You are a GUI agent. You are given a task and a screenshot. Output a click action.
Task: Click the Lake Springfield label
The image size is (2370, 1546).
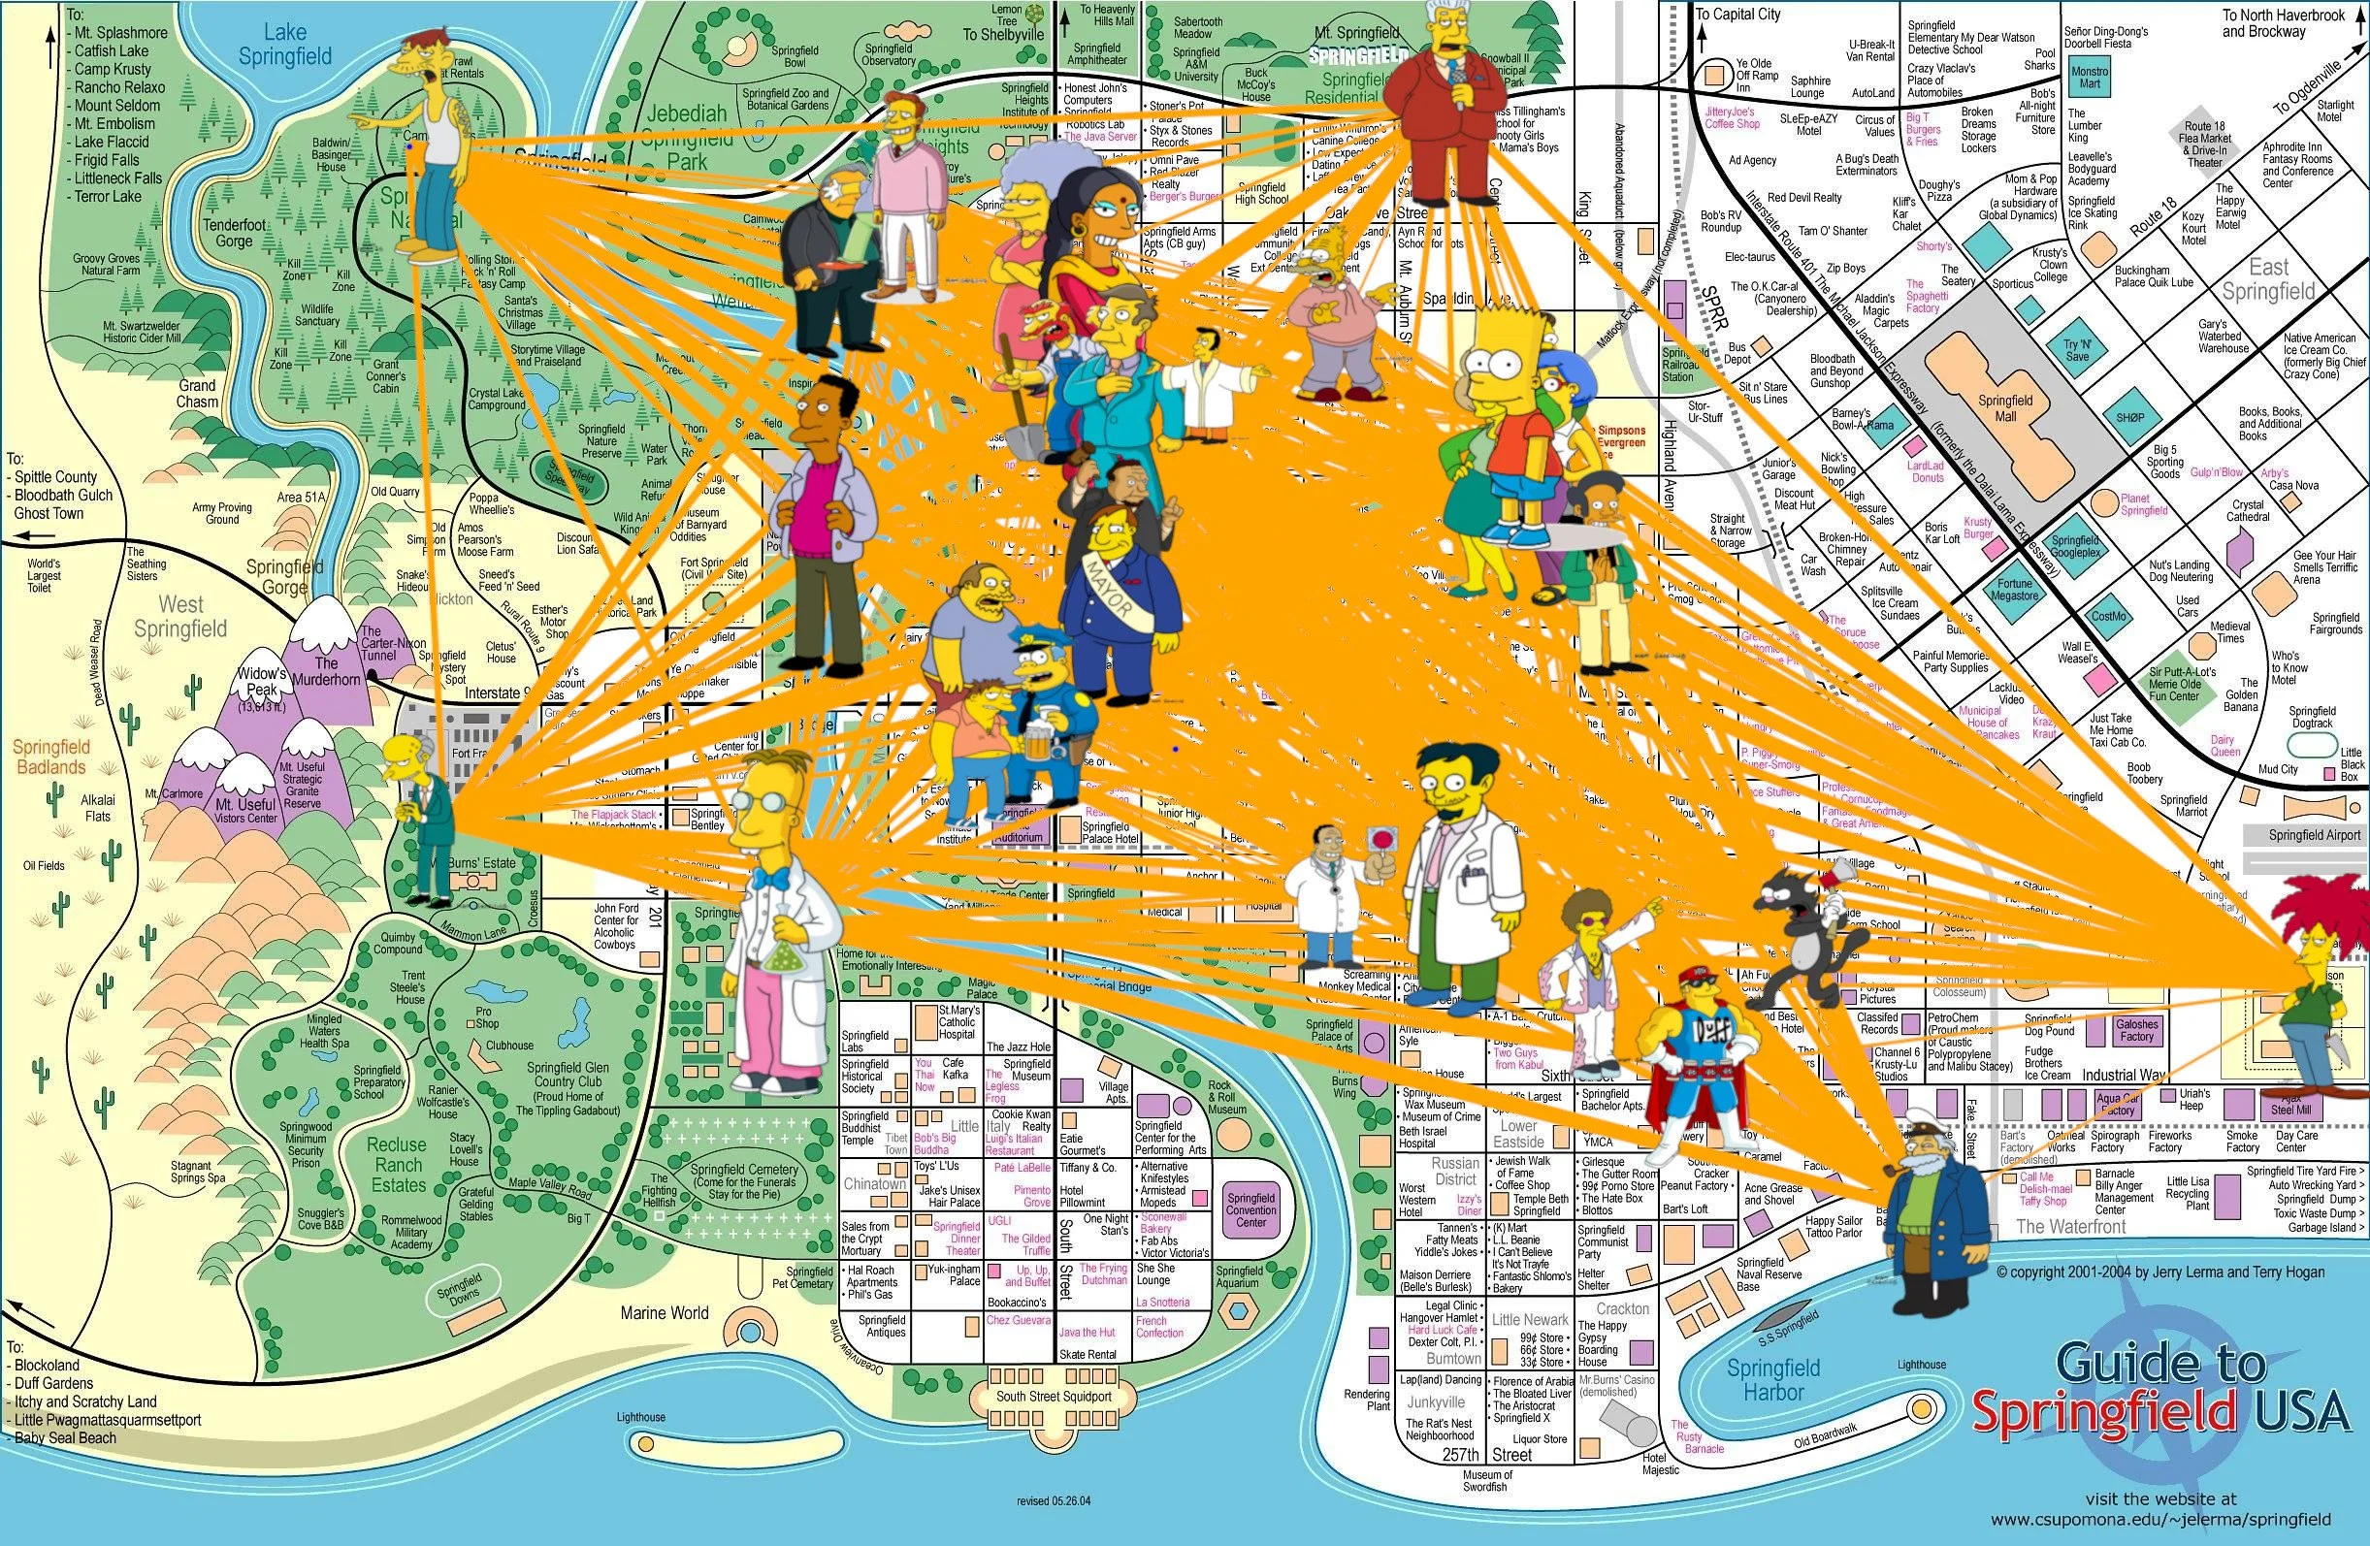point(285,46)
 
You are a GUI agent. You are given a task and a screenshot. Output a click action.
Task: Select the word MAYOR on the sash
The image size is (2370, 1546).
point(1113,589)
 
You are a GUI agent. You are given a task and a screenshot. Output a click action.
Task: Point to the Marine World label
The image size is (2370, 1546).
point(665,1313)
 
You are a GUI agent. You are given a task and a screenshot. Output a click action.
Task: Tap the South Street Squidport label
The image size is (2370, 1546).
point(1054,1397)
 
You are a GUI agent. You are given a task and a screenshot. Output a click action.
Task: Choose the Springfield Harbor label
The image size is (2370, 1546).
point(1773,1380)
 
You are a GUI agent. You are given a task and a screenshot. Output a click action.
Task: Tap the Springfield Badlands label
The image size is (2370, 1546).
point(49,757)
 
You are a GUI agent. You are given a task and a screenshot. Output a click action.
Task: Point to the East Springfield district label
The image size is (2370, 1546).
point(2268,278)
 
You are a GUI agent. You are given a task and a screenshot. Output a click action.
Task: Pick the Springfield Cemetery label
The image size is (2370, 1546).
point(744,1181)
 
